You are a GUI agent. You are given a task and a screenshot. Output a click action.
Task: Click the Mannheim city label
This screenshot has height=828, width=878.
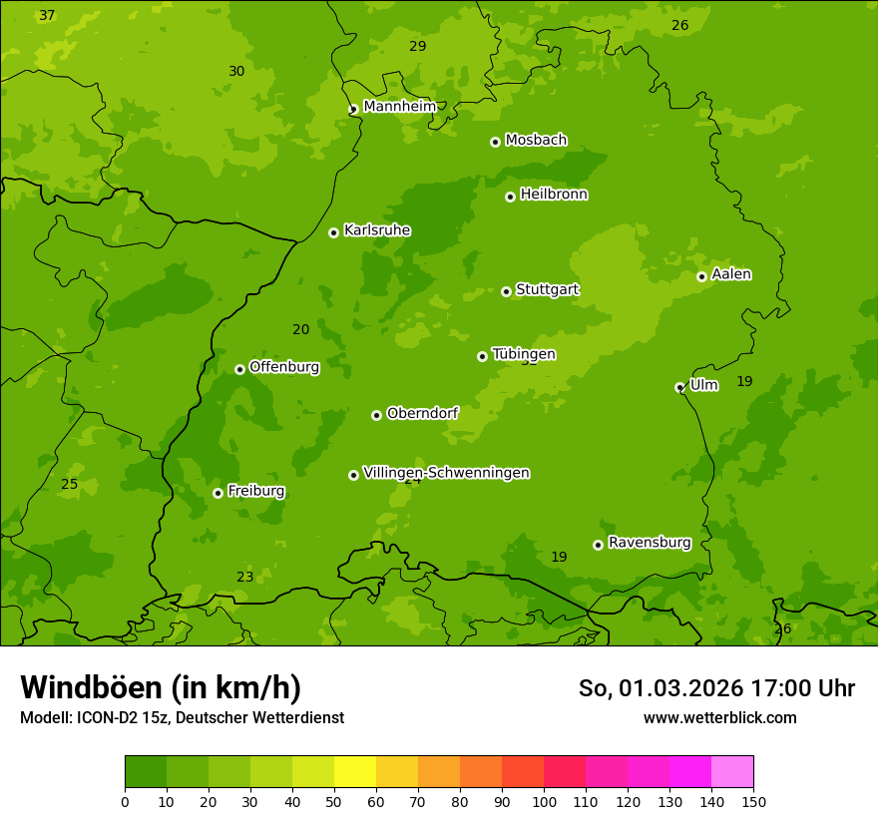399,107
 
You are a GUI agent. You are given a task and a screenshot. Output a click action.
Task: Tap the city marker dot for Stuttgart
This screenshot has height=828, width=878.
506,291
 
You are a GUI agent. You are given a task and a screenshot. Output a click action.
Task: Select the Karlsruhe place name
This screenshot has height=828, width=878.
376,230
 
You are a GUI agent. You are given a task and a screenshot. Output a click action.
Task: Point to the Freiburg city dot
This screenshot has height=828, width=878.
218,493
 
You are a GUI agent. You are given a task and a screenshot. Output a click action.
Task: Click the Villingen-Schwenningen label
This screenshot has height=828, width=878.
446,473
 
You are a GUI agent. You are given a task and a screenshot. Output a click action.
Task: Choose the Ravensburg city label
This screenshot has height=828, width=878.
649,543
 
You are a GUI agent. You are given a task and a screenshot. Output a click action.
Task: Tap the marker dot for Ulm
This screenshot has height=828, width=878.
679,387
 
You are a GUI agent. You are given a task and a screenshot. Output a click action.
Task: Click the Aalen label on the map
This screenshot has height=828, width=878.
730,274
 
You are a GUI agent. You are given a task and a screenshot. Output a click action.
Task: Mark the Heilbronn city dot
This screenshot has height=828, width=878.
510,197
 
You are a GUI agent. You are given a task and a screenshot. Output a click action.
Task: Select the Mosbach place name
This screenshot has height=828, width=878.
535,141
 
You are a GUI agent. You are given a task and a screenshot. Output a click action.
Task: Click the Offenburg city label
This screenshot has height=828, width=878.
283,367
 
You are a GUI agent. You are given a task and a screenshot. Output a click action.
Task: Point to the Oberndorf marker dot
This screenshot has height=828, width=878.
376,415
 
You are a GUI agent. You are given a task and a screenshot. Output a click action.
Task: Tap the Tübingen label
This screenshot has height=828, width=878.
523,354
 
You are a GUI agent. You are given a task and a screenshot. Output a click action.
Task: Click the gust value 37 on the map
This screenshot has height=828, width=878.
47,15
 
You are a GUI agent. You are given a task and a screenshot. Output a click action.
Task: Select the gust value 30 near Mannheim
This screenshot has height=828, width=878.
236,71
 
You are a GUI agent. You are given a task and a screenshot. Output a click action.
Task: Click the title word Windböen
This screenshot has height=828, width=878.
91,687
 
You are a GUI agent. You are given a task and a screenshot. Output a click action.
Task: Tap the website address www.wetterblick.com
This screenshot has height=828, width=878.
719,717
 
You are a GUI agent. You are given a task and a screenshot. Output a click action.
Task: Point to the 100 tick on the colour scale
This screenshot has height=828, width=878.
544,801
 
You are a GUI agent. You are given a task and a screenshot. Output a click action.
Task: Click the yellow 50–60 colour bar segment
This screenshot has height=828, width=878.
355,772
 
